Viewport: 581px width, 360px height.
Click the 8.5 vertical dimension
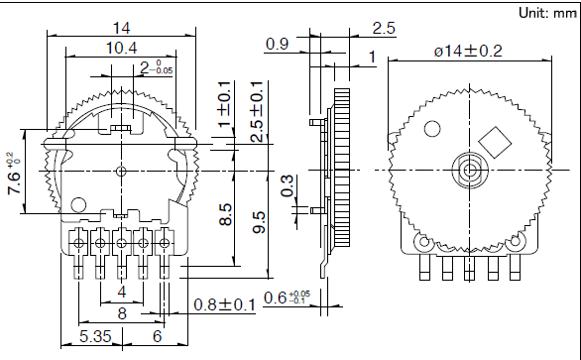(x=226, y=215)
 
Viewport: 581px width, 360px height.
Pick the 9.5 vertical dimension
(x=259, y=221)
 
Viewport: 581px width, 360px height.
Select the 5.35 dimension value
(x=96, y=337)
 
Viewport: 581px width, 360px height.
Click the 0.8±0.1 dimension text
(x=224, y=304)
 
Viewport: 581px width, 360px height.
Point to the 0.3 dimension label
(x=288, y=183)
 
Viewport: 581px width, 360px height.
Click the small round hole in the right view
(x=431, y=130)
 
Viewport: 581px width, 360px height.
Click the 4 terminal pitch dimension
(x=121, y=292)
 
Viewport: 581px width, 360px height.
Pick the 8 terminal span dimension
(x=121, y=313)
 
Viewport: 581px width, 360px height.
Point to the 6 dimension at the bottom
(x=157, y=337)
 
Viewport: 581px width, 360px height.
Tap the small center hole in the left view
(x=121, y=171)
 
